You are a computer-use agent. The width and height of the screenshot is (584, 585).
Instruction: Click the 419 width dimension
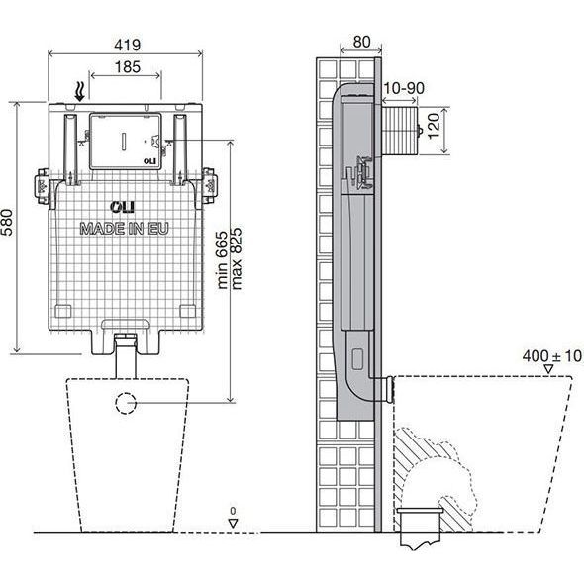pos(128,45)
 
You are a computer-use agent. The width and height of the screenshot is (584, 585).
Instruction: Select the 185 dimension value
pos(128,67)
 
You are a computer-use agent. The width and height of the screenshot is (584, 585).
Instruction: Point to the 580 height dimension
pos(7,223)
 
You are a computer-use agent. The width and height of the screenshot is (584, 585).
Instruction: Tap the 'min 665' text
pos(222,259)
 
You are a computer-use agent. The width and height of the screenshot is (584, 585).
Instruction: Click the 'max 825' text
pos(237,258)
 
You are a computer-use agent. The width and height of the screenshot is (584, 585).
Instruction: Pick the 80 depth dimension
pos(361,42)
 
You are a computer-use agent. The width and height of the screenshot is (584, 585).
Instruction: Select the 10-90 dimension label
pos(404,88)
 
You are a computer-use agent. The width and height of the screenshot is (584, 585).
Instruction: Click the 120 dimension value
pos(434,126)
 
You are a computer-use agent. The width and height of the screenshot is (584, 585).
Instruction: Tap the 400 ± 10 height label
pos(552,356)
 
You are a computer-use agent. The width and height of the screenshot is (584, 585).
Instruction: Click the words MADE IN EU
pos(125,229)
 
